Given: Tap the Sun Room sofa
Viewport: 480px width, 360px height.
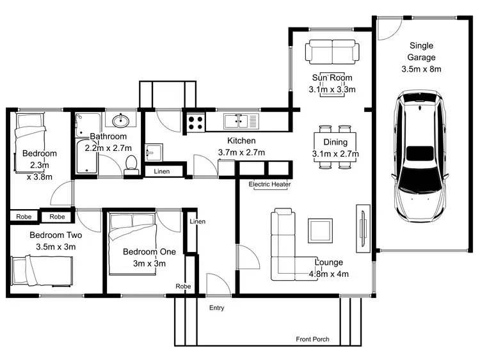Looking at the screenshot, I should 330,51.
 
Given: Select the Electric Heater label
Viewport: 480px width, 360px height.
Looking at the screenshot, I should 269,185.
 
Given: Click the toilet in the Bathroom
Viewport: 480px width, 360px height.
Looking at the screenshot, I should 131,163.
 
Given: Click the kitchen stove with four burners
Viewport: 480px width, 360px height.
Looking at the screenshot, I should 195,120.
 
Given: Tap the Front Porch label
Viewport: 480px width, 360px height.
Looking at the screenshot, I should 312,339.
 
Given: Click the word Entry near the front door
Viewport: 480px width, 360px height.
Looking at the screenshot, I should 217,308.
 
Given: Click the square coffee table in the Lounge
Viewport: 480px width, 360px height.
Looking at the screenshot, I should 320,230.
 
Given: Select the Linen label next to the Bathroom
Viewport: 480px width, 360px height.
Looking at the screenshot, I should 161,171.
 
